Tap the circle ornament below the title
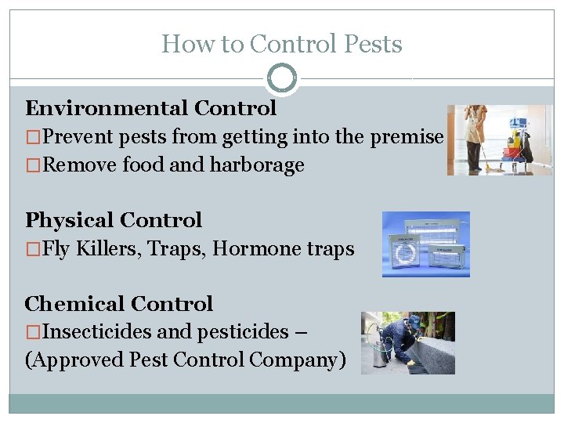(282, 78)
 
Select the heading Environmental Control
(150, 108)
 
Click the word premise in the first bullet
(407, 137)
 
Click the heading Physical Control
(113, 220)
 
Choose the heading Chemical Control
(118, 304)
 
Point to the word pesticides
(244, 332)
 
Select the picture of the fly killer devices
(425, 244)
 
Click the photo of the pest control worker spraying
(407, 342)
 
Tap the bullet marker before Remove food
(32, 165)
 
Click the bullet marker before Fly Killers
(32, 249)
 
